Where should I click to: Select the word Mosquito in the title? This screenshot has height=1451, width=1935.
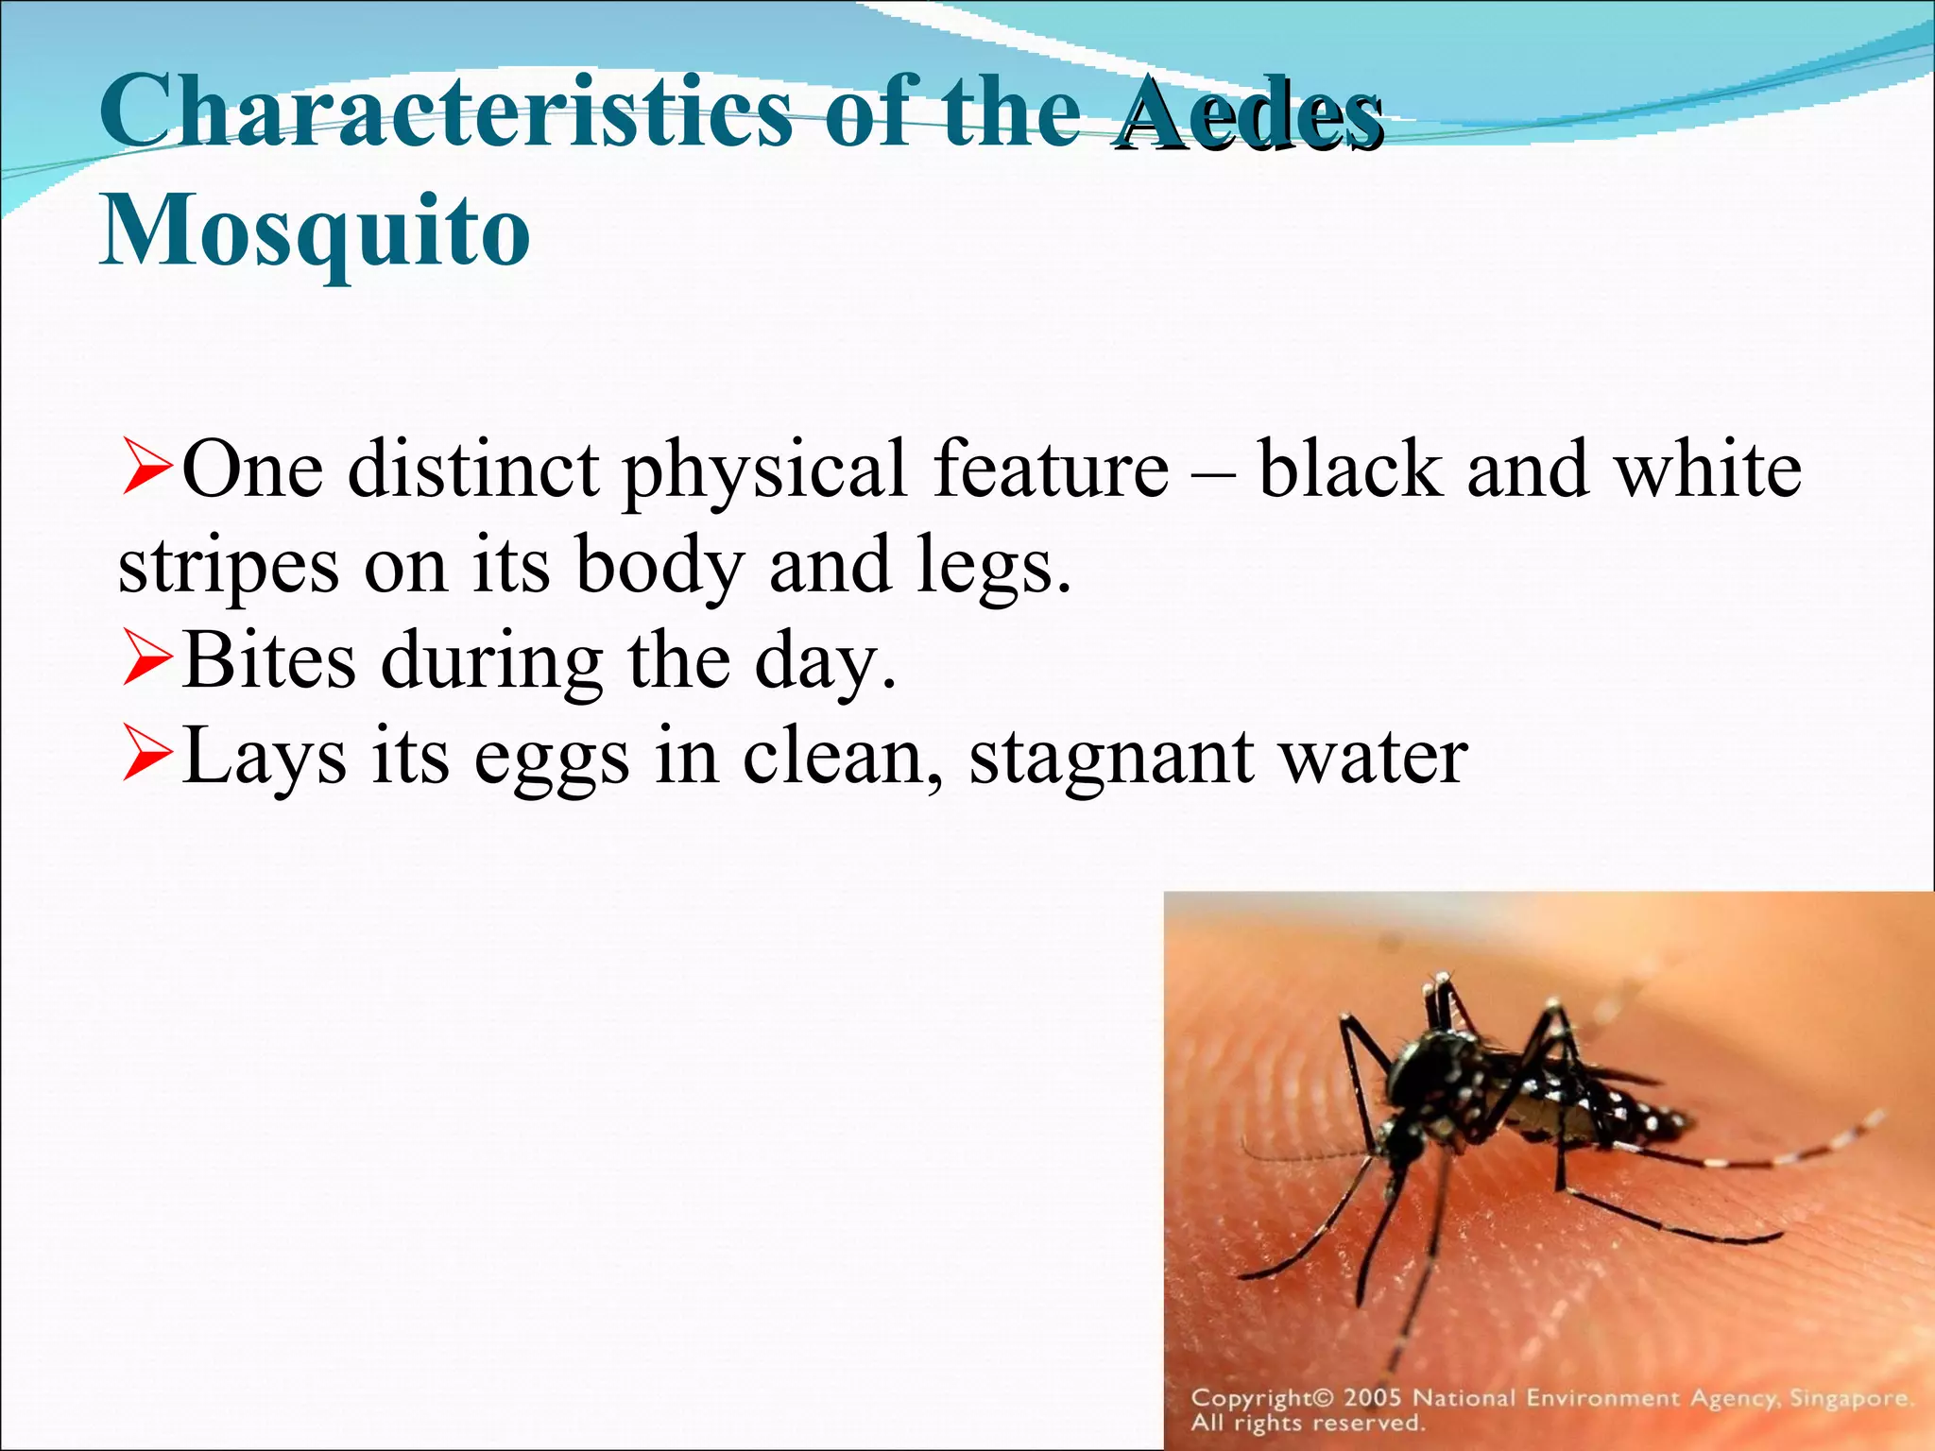coord(315,231)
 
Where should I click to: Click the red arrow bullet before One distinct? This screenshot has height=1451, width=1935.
coord(147,469)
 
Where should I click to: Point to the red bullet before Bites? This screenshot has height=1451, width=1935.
coord(147,660)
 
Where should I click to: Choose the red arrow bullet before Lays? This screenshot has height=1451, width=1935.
coord(147,756)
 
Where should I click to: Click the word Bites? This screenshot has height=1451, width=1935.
coord(270,659)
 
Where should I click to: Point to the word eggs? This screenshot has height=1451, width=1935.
coord(551,758)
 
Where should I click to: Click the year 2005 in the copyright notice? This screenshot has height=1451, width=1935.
coord(1372,1398)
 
